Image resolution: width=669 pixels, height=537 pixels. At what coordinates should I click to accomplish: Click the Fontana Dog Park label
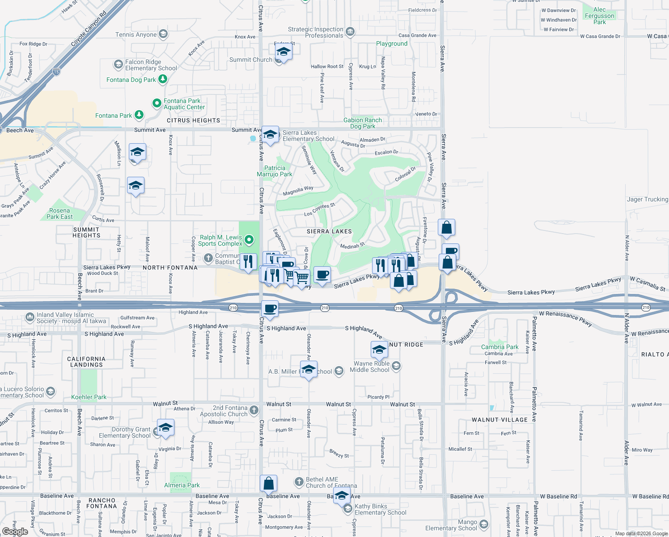131,80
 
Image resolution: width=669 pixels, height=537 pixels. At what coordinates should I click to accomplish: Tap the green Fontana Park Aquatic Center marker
157,103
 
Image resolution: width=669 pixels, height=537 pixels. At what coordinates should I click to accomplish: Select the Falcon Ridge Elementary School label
151,65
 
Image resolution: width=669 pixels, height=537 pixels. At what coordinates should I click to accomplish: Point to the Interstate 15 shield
56,72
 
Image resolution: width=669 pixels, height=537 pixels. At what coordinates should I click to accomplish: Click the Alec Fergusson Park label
599,16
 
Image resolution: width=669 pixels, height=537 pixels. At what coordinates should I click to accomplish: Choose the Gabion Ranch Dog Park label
363,123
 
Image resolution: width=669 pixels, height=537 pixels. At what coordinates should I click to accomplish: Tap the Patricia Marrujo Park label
275,171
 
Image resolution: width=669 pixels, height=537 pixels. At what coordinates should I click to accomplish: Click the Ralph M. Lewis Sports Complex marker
250,240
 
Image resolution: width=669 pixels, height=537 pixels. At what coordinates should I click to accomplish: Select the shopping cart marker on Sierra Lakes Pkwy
302,277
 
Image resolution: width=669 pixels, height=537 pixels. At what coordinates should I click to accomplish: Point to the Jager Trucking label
647,199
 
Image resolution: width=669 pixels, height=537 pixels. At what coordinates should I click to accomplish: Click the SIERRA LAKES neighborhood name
329,231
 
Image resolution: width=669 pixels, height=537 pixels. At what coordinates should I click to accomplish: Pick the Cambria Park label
500,347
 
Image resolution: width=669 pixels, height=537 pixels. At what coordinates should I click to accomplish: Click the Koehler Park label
89,397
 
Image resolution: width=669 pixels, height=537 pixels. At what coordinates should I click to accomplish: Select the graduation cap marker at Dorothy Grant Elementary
165,427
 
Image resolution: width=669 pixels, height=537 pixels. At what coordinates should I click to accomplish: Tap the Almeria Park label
182,485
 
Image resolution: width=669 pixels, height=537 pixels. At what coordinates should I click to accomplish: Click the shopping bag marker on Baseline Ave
269,483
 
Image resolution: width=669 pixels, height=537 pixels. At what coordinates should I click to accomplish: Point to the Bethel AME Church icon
299,482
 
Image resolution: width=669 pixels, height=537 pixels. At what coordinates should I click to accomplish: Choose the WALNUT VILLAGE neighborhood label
500,420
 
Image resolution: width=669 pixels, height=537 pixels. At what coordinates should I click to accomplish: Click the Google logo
15,532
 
